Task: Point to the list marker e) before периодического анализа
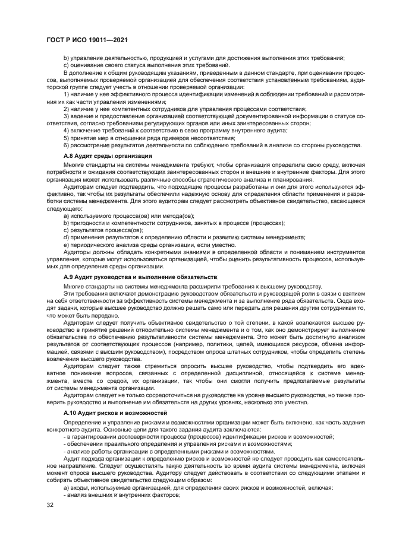click(67, 245)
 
